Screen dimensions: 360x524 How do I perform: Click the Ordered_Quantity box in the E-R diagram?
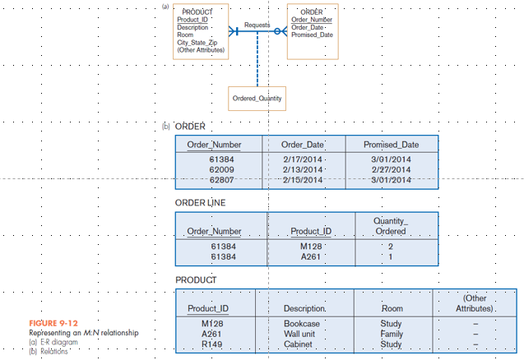click(257, 99)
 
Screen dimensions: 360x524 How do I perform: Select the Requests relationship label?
click(257, 25)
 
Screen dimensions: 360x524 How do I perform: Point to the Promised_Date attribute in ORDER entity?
click(313, 35)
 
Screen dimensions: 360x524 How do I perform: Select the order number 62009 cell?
click(222, 169)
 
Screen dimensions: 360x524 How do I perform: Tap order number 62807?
click(222, 180)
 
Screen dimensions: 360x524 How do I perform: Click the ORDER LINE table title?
click(201, 202)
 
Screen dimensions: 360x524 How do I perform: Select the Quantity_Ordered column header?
click(390, 225)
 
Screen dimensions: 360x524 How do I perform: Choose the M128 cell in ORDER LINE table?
click(310, 246)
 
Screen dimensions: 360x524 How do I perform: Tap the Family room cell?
click(392, 335)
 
